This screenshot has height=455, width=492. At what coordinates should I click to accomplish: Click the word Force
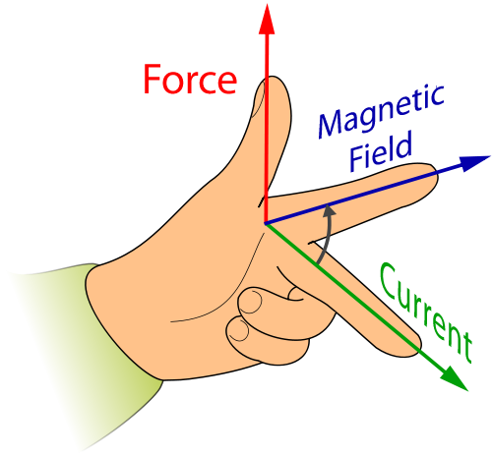pos(190,80)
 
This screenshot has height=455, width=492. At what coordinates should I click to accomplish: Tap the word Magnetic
pos(381,111)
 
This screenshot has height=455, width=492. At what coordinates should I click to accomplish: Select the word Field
pos(381,151)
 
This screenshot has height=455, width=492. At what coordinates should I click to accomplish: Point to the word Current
pos(426,313)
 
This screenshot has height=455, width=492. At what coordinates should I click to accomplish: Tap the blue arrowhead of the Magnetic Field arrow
pos(474,163)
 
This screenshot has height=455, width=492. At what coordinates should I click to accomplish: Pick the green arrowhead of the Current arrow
pos(455,377)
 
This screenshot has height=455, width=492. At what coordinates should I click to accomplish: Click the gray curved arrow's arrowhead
pos(329,210)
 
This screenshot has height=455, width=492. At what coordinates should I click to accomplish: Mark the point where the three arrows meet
pos(265,224)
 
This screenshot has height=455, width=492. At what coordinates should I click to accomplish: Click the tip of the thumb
pos(273,78)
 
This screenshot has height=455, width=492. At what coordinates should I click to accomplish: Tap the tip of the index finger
pos(435,173)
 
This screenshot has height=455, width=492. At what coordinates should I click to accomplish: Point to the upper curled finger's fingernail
pos(251,302)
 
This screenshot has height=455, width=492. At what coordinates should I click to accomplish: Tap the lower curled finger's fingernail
pos(238,330)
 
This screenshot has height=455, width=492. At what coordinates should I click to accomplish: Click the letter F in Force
pos(152,80)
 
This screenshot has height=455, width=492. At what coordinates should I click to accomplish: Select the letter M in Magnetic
pos(333,124)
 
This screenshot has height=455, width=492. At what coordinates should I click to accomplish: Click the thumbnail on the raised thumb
pos(258,99)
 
